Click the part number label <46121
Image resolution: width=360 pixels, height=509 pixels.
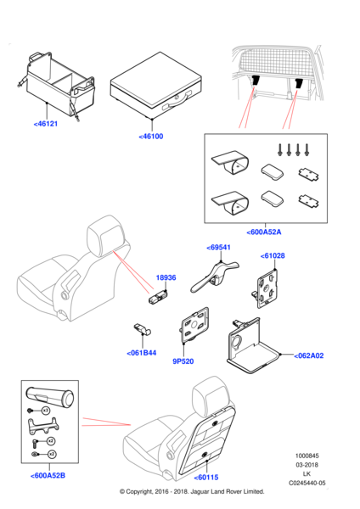tap(46, 124)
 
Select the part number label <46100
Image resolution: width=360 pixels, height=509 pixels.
tap(151, 137)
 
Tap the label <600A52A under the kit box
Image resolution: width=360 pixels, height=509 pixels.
tap(264, 232)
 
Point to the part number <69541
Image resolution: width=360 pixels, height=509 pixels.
tap(219, 248)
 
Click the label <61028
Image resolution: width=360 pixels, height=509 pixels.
tap(273, 256)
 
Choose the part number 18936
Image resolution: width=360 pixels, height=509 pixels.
tap(166, 277)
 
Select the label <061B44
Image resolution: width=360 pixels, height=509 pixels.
tap(142, 353)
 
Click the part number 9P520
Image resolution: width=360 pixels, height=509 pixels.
tap(183, 361)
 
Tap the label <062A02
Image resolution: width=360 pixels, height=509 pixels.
tap(309, 355)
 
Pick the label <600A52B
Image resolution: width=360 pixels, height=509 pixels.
tap(48, 476)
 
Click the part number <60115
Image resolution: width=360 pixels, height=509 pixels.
tap(206, 478)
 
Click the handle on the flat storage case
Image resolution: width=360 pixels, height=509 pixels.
tap(177, 100)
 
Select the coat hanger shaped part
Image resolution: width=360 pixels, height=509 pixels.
tap(215, 275)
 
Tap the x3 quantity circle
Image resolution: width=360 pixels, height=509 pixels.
tap(46, 411)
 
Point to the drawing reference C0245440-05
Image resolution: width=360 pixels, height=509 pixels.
tap(307, 483)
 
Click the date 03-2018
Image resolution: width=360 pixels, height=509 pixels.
tap(307, 465)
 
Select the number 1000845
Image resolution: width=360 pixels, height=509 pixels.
tap(307, 456)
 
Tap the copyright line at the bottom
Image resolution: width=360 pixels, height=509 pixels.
tap(192, 491)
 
